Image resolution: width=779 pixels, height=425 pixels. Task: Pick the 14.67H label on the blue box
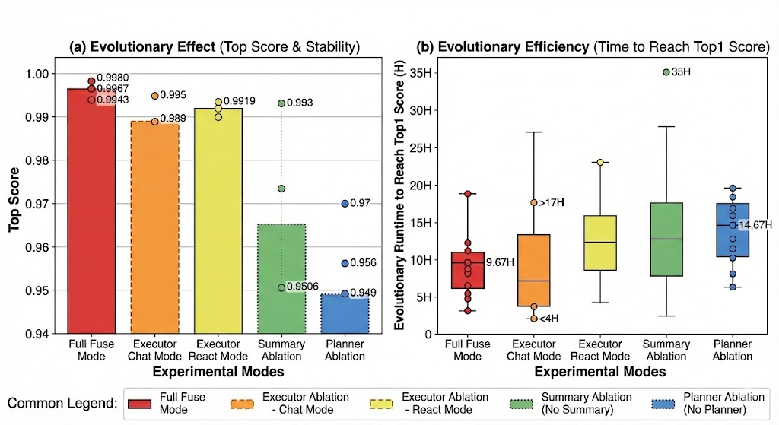(x=749, y=225)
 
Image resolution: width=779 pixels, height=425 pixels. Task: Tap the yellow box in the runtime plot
(x=599, y=243)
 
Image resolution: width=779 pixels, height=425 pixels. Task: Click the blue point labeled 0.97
(x=345, y=204)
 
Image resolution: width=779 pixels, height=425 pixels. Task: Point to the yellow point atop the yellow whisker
(x=599, y=163)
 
